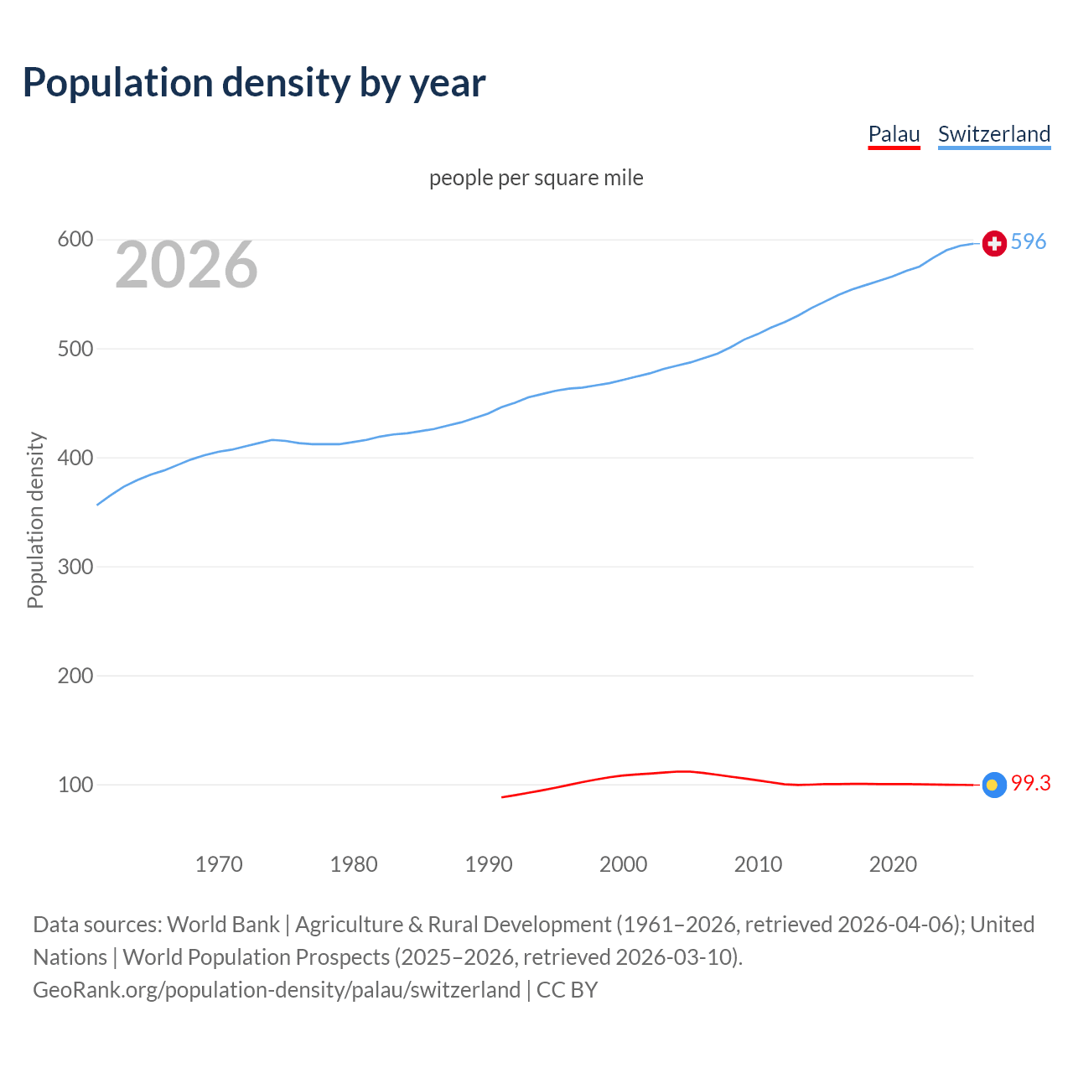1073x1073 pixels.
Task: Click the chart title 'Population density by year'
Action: pyautogui.click(x=254, y=82)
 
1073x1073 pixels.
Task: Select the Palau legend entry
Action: pyautogui.click(x=894, y=134)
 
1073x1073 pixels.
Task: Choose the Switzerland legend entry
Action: pyautogui.click(x=993, y=134)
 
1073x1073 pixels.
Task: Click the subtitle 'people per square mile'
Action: pyautogui.click(x=536, y=178)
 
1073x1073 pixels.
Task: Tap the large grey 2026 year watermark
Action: pyautogui.click(x=186, y=265)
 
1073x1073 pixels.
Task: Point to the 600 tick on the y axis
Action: pyautogui.click(x=75, y=240)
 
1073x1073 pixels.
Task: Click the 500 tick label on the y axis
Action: pyautogui.click(x=75, y=349)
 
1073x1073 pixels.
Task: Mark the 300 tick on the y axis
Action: pyautogui.click(x=75, y=567)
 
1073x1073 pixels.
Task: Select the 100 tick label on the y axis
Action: pyautogui.click(x=75, y=785)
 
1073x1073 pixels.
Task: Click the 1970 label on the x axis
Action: pyautogui.click(x=219, y=864)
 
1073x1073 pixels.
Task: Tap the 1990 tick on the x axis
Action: pyautogui.click(x=489, y=864)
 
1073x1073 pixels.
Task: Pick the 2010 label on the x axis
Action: pyautogui.click(x=758, y=864)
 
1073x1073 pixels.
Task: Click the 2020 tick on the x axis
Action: pyautogui.click(x=893, y=864)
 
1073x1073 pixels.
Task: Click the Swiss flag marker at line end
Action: pyautogui.click(x=994, y=243)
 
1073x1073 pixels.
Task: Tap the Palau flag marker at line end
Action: pyautogui.click(x=994, y=785)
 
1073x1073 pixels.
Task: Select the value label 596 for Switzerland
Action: pyautogui.click(x=1029, y=241)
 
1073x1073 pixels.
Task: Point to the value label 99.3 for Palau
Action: pyautogui.click(x=1030, y=783)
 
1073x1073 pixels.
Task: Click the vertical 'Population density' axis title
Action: pyautogui.click(x=35, y=520)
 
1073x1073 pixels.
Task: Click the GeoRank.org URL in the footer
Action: pyautogui.click(x=277, y=990)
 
